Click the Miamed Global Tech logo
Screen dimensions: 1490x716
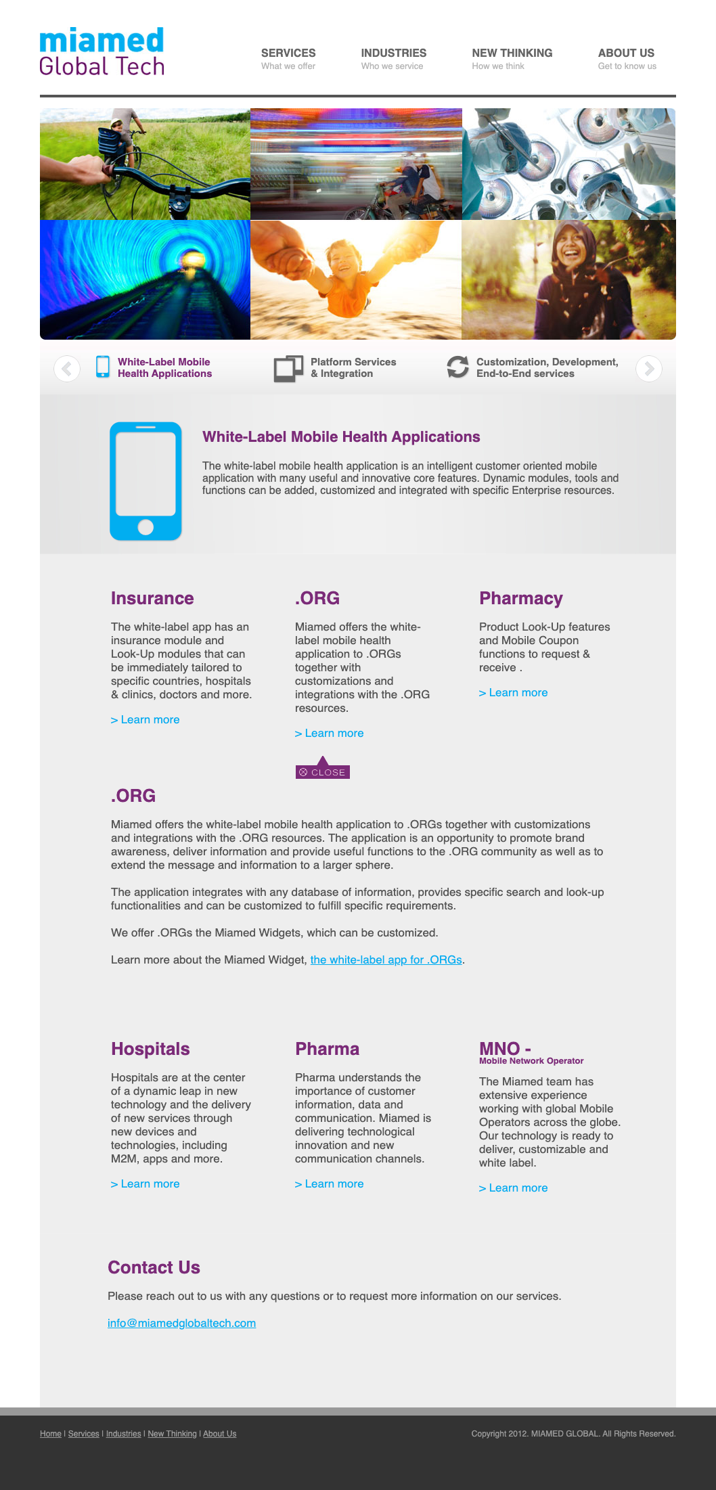[x=102, y=51]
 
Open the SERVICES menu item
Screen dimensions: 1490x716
[x=288, y=53]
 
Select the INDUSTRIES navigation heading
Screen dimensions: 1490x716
[x=393, y=53]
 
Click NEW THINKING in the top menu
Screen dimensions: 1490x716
[x=512, y=53]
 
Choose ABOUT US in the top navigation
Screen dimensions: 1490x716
[x=626, y=53]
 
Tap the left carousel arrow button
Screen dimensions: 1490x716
[x=67, y=369]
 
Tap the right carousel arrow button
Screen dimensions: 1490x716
[x=648, y=369]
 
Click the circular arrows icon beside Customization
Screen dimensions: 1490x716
[x=457, y=367]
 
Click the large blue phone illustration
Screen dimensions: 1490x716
[x=146, y=481]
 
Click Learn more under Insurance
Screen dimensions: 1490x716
[x=146, y=720]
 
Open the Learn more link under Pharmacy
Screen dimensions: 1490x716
[x=514, y=693]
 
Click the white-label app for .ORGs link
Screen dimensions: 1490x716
[x=386, y=960]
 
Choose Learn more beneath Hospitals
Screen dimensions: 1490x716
[x=146, y=1184]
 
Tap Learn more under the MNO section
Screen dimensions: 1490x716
[x=514, y=1188]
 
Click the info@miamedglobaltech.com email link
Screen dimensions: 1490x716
[x=181, y=1323]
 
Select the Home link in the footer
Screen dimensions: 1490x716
[x=50, y=1434]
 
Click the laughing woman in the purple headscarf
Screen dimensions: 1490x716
[x=568, y=279]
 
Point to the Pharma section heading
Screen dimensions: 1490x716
[x=327, y=1049]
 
